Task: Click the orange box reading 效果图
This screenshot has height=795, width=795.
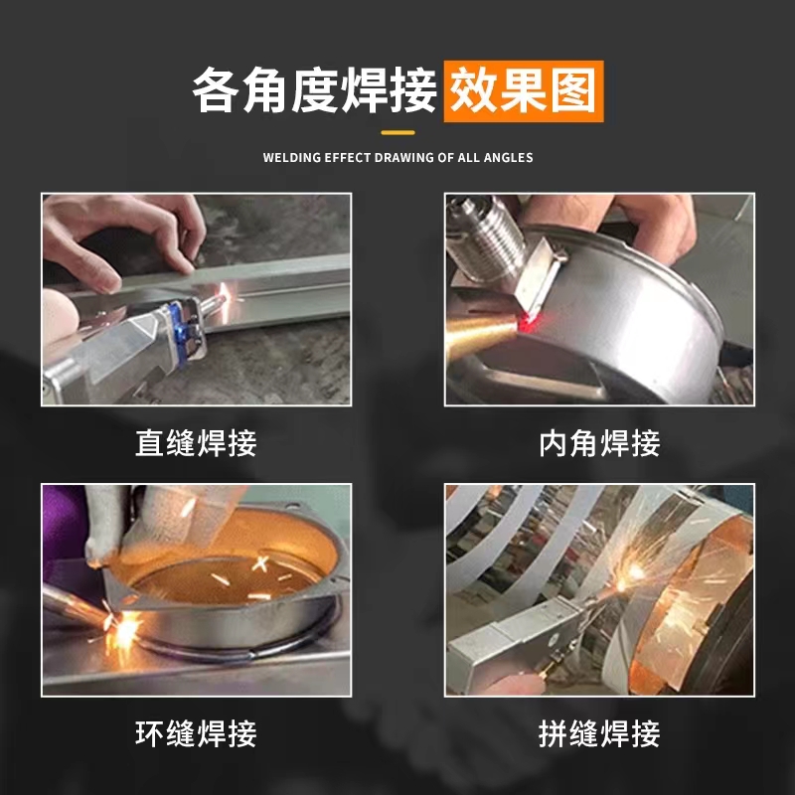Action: [524, 91]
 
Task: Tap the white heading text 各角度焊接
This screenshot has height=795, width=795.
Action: [314, 91]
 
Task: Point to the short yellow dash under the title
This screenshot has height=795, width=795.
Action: [398, 133]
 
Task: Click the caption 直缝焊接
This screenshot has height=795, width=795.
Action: [196, 443]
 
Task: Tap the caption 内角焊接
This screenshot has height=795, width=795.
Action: [599, 443]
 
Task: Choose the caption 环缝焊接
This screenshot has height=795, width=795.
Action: [196, 733]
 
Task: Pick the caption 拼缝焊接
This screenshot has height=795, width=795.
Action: [599, 733]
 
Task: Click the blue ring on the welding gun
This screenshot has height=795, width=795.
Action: [179, 332]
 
